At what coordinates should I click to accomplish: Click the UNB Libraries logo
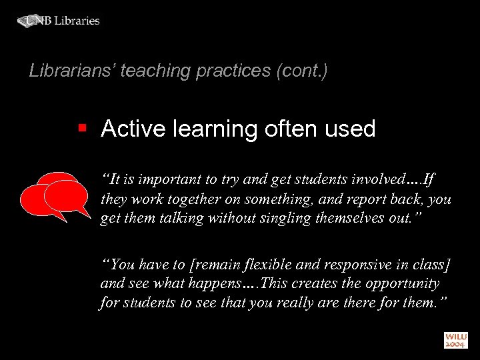coord(59,21)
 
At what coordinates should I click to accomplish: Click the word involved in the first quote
coord(376,180)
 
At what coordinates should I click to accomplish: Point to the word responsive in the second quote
coord(342,265)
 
